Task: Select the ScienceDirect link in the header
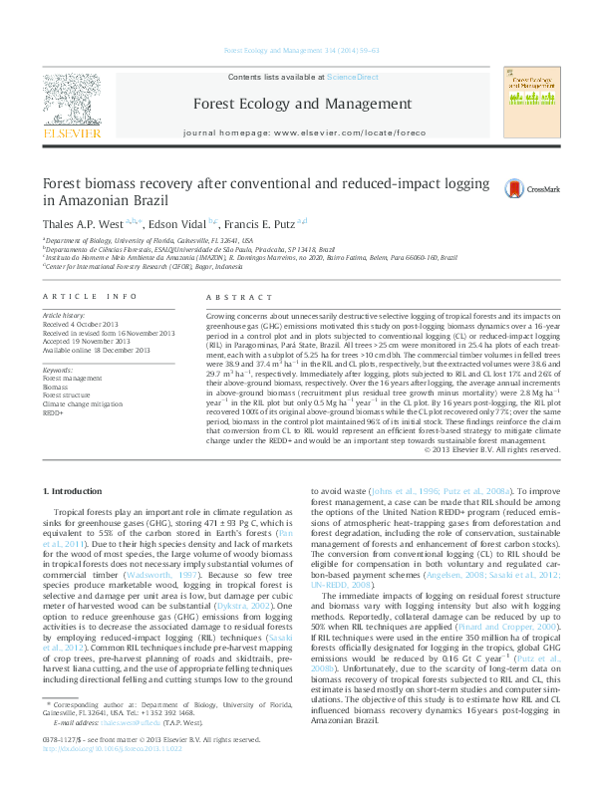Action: click(x=353, y=77)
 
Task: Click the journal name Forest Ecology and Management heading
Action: click(x=297, y=104)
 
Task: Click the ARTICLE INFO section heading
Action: click(x=89, y=297)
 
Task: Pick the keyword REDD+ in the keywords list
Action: click(x=53, y=410)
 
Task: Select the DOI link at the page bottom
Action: click(x=111, y=774)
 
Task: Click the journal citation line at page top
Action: click(x=296, y=49)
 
